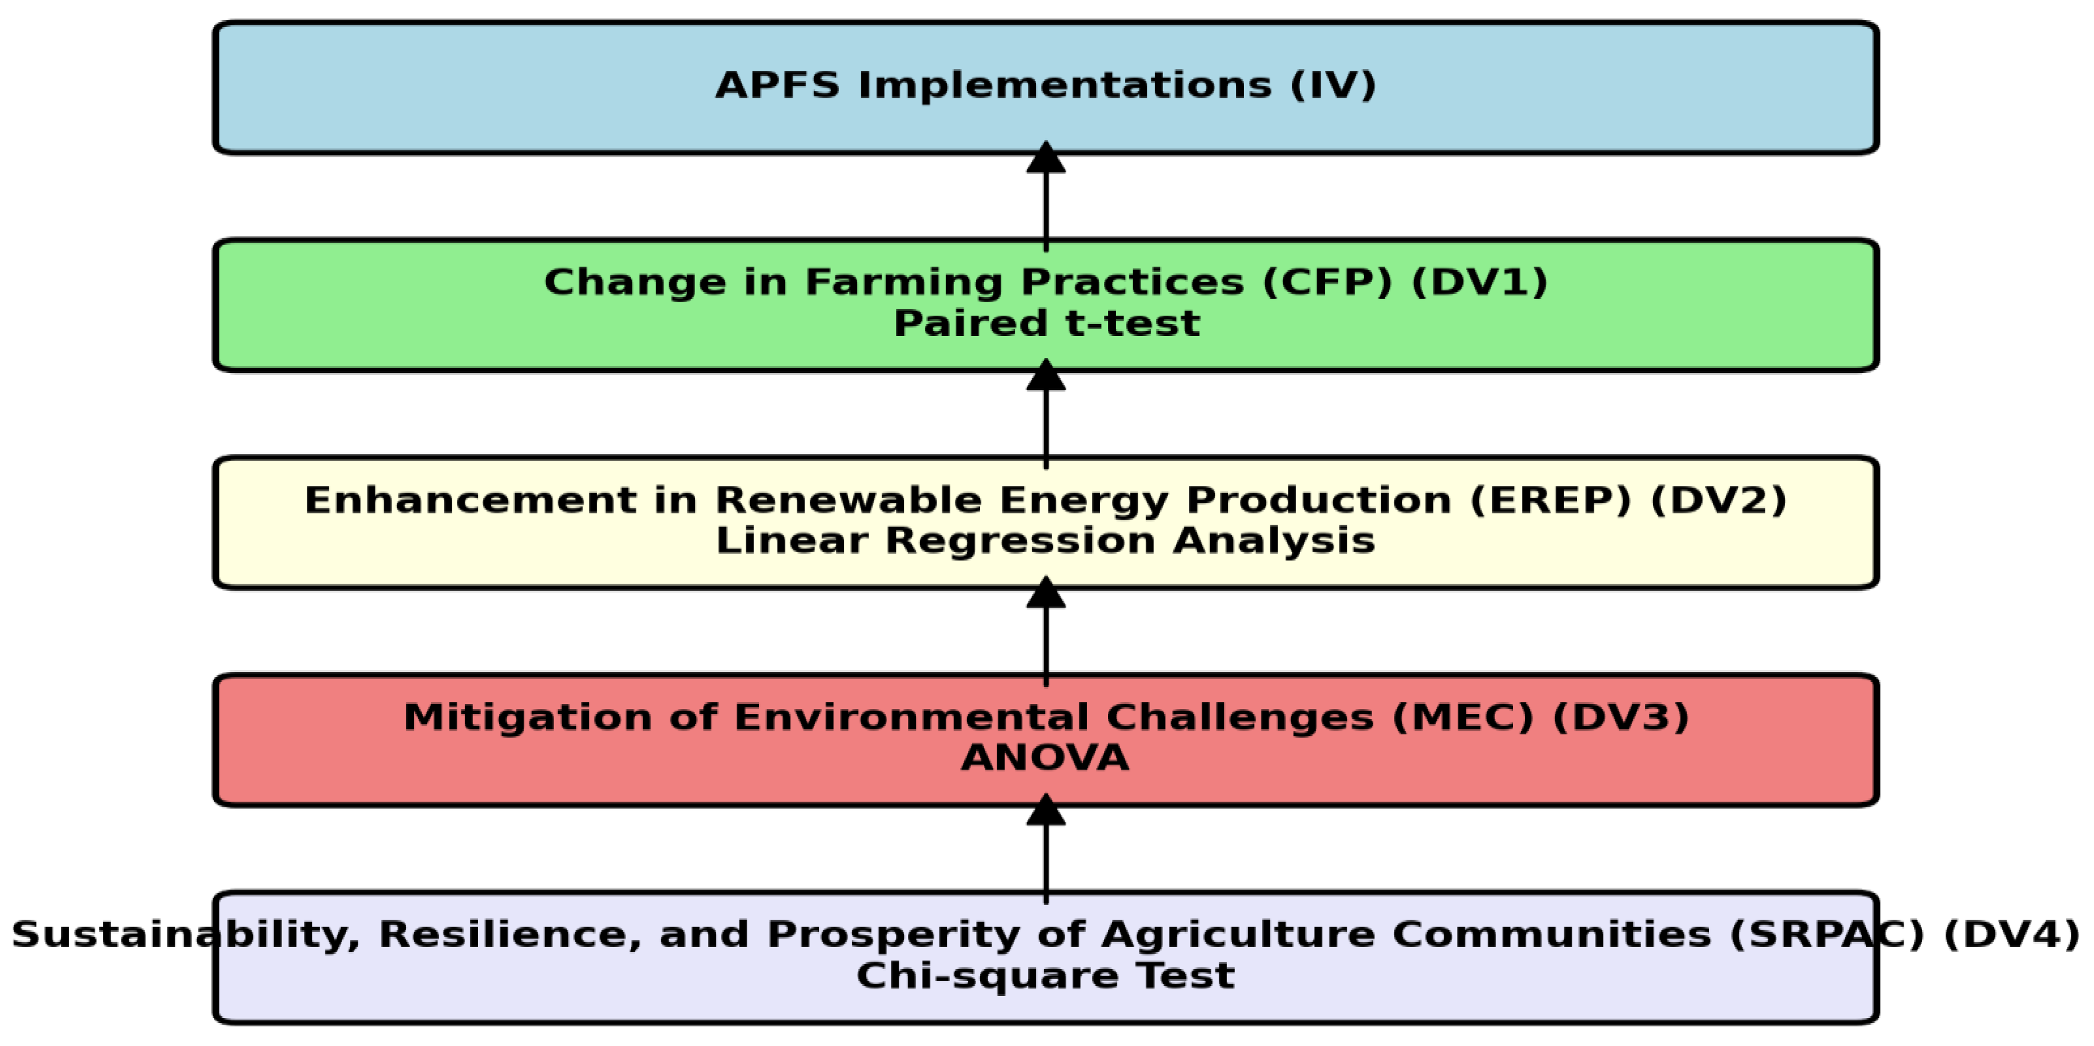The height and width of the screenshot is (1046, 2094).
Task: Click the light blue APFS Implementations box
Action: click(x=1046, y=88)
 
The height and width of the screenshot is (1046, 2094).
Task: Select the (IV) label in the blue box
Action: click(x=1333, y=85)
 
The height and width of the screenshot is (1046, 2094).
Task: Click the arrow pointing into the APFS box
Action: click(x=1046, y=196)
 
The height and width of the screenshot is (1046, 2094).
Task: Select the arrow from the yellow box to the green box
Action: click(x=1046, y=413)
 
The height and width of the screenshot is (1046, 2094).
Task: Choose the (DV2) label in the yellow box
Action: click(x=1719, y=501)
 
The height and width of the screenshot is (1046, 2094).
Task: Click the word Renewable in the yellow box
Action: click(x=848, y=501)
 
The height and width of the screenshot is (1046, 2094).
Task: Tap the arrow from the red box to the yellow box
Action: click(x=1046, y=631)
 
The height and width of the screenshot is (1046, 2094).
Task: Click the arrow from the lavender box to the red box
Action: click(x=1046, y=849)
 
